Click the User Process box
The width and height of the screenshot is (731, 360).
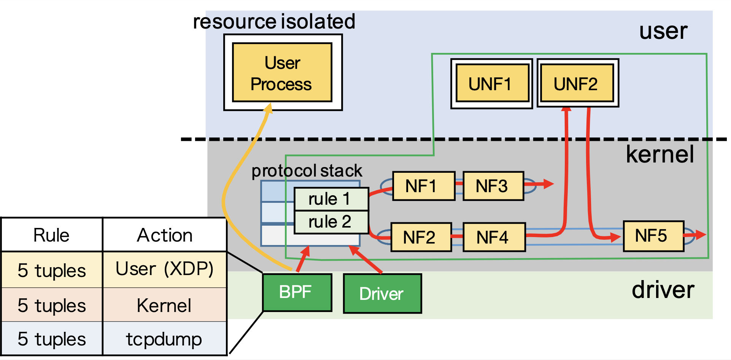[x=282, y=72]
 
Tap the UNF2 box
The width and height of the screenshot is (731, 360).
[x=577, y=83]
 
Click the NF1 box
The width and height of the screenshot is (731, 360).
[x=423, y=186]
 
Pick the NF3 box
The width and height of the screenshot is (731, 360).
[x=493, y=186]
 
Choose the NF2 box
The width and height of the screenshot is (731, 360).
[x=421, y=237]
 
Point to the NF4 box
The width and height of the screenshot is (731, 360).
[x=494, y=237]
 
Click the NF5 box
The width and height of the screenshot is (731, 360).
[x=653, y=236]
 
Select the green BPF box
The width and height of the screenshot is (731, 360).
[x=297, y=292]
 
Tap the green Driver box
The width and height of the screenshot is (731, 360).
[x=382, y=293]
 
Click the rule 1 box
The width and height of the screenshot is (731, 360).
[x=331, y=199]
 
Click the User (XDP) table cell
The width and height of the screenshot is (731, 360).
[x=164, y=269]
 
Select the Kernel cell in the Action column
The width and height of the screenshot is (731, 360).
[x=164, y=305]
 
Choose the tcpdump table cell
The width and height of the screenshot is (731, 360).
[x=164, y=339]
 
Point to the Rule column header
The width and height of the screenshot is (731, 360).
[x=51, y=235]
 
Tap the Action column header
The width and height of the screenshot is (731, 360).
[x=164, y=235]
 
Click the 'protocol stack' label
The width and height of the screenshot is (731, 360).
[x=307, y=171]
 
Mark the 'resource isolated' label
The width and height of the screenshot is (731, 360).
[x=274, y=21]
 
